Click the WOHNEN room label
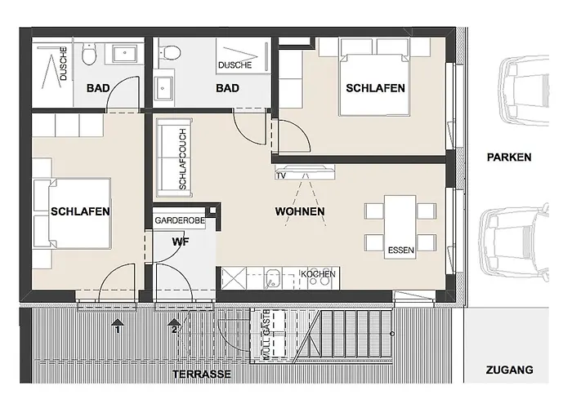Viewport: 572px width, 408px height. (x=300, y=212)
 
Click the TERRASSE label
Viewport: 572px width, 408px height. (x=201, y=375)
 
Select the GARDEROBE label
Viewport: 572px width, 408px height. (x=180, y=220)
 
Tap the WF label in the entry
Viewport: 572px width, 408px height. (x=181, y=242)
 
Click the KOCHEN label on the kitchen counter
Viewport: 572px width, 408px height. (x=317, y=273)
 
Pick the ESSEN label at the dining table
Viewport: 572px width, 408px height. (x=400, y=250)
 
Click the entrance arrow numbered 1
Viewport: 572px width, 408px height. (x=118, y=326)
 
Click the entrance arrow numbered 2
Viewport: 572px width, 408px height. (x=174, y=326)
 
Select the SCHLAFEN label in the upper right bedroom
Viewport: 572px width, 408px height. (x=375, y=89)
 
